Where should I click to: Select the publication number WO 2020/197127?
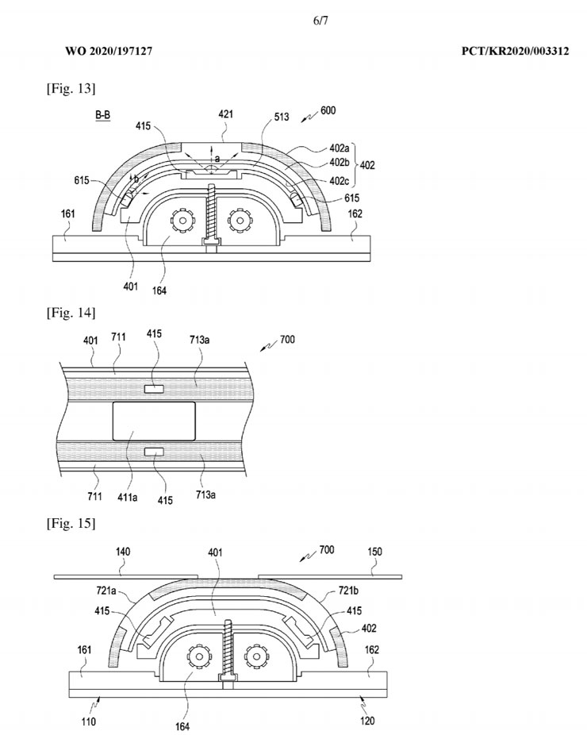click(x=108, y=51)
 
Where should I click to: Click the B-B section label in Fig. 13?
click(x=103, y=116)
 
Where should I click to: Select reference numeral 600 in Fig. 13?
click(x=328, y=111)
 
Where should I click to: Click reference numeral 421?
click(x=226, y=115)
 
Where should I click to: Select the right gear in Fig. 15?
click(x=259, y=656)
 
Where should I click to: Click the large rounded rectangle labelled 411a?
click(x=155, y=419)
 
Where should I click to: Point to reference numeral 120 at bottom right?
click(x=368, y=722)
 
